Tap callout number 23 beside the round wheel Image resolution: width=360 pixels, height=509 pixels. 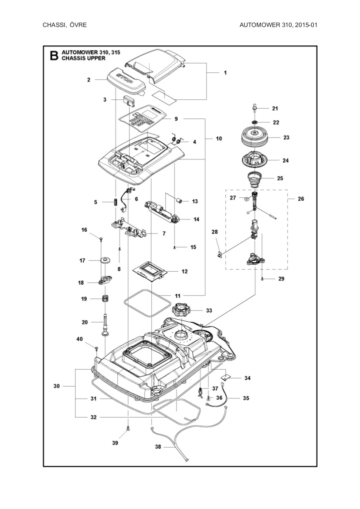[286, 137]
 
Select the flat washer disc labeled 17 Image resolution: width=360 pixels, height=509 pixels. [105, 260]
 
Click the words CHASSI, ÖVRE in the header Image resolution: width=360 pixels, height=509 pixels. [65, 25]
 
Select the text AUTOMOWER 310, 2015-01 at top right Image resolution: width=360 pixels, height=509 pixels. [278, 25]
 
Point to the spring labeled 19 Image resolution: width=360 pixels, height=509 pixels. [105, 299]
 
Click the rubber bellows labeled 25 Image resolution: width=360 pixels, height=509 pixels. [254, 178]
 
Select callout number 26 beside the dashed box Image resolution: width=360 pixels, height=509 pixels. [300, 199]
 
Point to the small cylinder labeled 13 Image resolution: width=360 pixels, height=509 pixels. [179, 201]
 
